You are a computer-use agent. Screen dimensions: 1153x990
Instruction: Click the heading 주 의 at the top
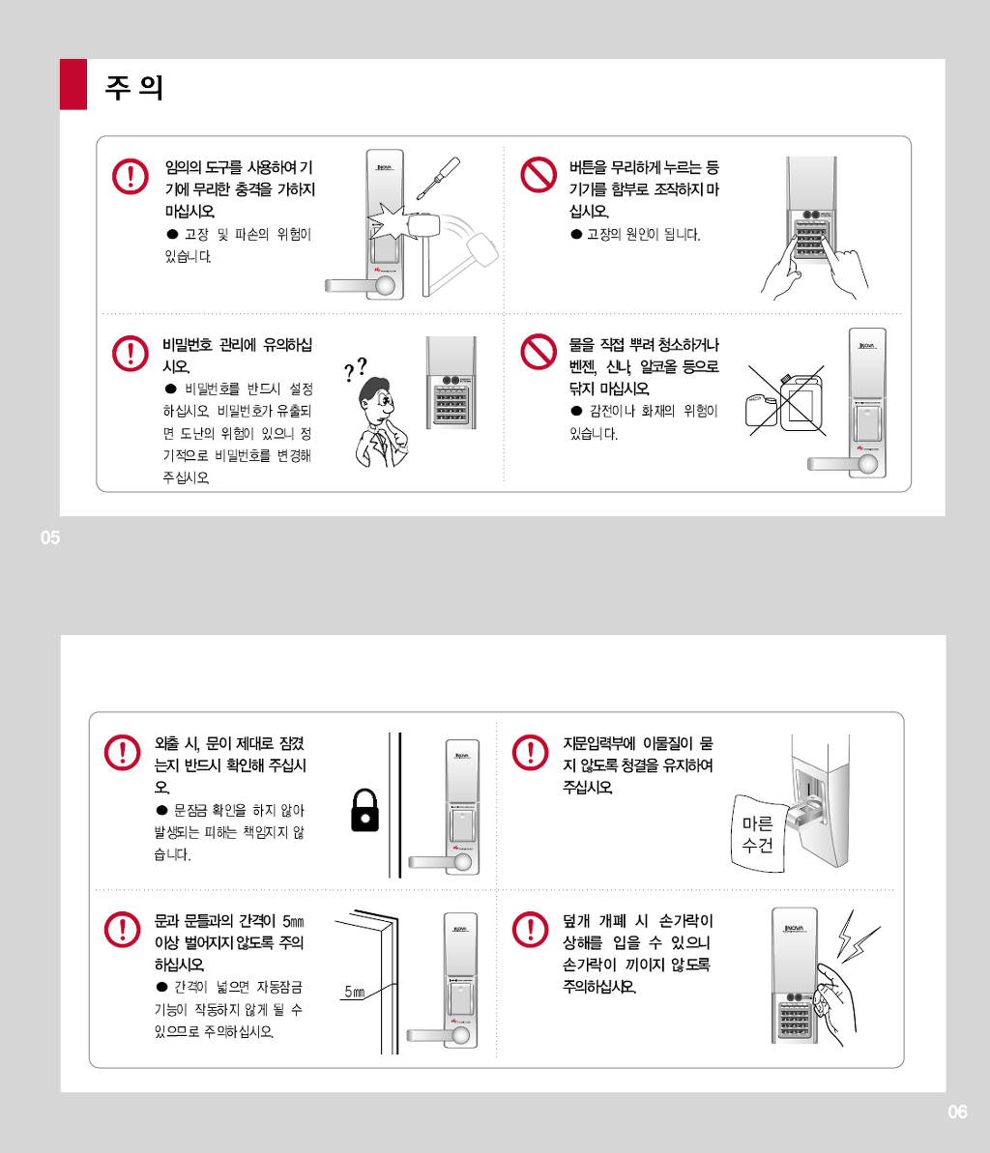pos(133,88)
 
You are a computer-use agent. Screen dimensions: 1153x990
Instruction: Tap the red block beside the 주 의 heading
pos(73,84)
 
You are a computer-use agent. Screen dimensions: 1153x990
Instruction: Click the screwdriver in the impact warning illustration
pos(438,180)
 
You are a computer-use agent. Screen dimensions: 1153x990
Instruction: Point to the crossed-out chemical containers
pos(784,402)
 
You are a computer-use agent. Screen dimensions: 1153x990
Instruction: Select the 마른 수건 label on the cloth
pos(757,835)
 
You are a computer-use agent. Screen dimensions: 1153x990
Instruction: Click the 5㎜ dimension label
pos(354,993)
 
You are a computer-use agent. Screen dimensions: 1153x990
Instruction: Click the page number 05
pos(50,538)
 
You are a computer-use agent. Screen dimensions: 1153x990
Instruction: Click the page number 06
pos(957,1112)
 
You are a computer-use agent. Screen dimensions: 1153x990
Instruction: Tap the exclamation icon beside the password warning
pos(130,353)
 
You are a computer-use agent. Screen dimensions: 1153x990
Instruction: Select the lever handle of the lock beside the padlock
pos(435,861)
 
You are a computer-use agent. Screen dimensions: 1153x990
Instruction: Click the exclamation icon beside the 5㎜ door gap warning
pos(123,929)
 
